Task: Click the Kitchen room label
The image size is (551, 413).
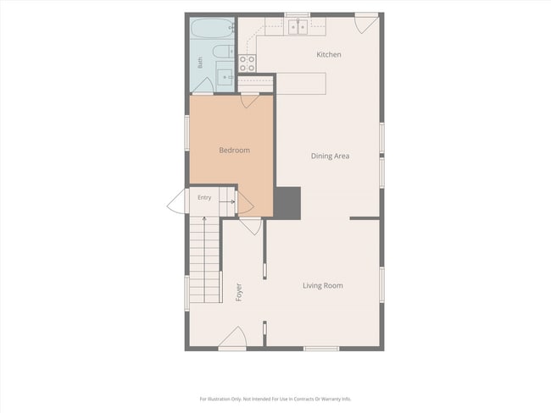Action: (329, 55)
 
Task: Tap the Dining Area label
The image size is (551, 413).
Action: (330, 157)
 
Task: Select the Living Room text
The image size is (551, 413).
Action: (323, 286)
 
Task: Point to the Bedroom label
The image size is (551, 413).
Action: (234, 150)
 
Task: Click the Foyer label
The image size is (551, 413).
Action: (239, 292)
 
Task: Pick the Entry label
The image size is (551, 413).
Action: (204, 197)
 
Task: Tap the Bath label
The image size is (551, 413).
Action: (200, 63)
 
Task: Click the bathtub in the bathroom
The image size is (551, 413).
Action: (213, 28)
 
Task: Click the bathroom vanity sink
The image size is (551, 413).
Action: (225, 76)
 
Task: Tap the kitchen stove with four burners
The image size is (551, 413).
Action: (247, 63)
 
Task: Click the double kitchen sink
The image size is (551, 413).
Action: (298, 27)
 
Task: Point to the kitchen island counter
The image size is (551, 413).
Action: (301, 84)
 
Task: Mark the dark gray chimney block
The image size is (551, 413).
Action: (287, 203)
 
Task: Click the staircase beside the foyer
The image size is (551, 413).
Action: (205, 260)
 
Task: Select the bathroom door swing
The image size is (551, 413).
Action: (203, 86)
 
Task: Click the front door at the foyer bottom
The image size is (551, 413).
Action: (232, 339)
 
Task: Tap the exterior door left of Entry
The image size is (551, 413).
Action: (176, 201)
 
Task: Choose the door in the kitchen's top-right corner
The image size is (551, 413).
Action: (366, 23)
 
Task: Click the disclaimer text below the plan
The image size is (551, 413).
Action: (275, 399)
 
